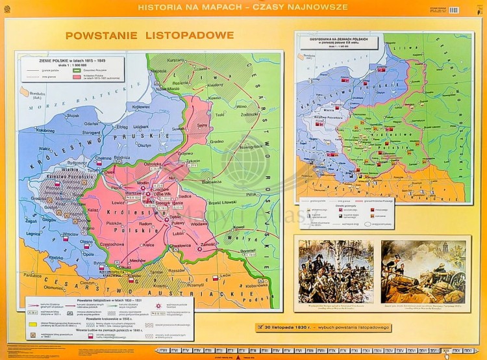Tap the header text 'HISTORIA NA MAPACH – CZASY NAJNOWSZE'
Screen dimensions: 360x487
[x=243, y=7]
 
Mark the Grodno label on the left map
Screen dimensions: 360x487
[x=216, y=141]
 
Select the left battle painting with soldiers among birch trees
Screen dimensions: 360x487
[x=336, y=271]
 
